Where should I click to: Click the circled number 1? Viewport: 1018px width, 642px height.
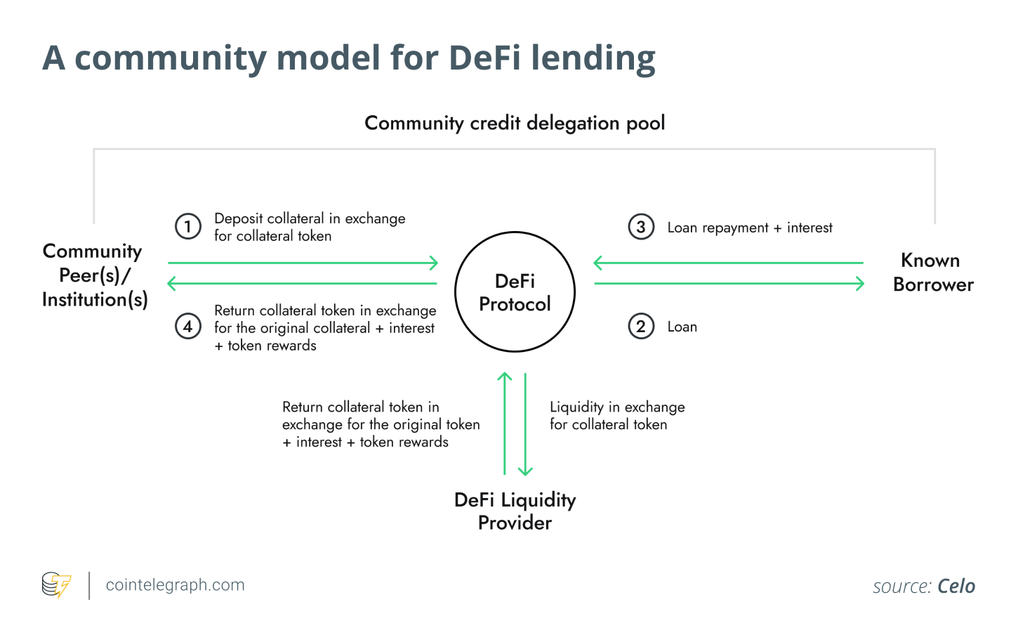[x=187, y=226]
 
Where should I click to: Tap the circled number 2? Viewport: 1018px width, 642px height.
[x=641, y=327]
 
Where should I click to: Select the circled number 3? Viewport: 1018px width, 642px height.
[x=641, y=226]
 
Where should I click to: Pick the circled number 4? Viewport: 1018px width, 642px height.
[x=187, y=327]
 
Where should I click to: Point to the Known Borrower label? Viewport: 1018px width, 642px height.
[x=933, y=273]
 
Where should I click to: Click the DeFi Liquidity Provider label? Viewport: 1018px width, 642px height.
[x=515, y=511]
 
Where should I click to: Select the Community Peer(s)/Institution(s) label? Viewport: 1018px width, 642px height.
[x=95, y=275]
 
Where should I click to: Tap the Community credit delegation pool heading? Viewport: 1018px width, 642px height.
[x=515, y=123]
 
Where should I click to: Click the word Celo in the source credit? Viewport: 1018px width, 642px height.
[x=956, y=586]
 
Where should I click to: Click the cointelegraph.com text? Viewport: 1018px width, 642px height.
[x=175, y=584]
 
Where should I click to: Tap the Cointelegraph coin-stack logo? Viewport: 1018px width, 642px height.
[x=56, y=585]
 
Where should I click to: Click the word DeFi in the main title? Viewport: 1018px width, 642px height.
[x=484, y=58]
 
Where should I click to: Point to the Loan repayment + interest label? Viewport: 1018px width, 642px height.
[x=750, y=228]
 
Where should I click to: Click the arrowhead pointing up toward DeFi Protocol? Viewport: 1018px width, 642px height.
[x=505, y=376]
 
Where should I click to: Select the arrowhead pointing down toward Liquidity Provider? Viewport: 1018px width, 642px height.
[x=525, y=471]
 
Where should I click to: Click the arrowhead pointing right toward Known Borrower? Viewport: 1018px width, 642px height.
[x=860, y=284]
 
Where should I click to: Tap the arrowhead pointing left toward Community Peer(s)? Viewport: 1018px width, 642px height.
[x=172, y=284]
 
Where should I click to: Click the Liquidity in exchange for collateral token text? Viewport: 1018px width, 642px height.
[x=617, y=416]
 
